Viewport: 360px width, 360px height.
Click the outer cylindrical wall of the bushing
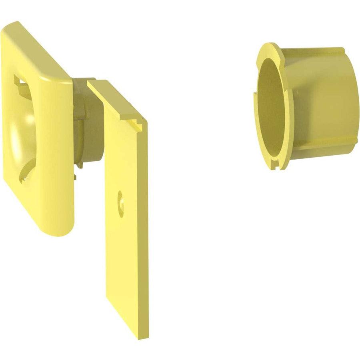(x=320, y=100)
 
